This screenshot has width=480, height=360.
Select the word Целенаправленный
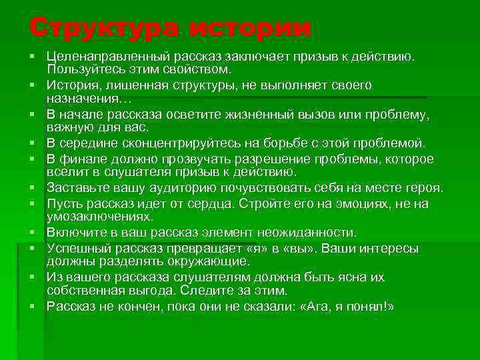pyautogui.click(x=95, y=57)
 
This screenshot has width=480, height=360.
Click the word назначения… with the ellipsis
pyautogui.click(x=81, y=97)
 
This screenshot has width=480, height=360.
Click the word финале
pyautogui.click(x=86, y=159)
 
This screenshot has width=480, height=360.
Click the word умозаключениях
pyautogui.click(x=99, y=216)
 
